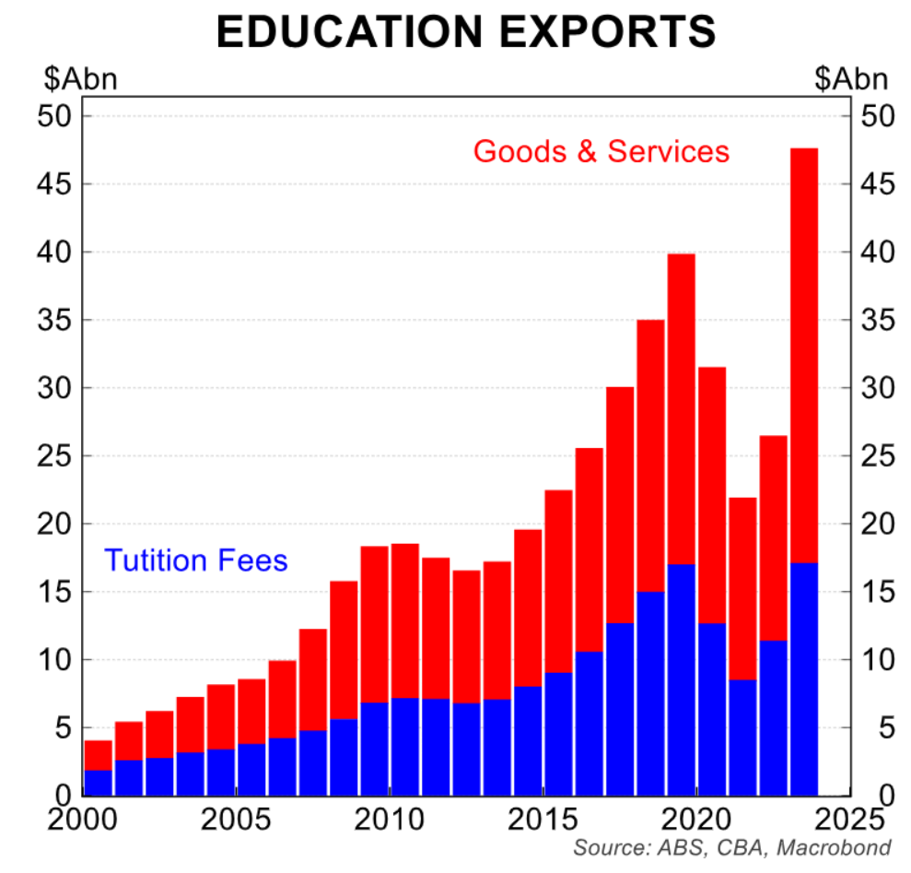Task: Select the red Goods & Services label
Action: (601, 150)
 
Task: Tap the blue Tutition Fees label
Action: (195, 560)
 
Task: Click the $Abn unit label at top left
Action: (79, 79)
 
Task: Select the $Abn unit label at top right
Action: (851, 79)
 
